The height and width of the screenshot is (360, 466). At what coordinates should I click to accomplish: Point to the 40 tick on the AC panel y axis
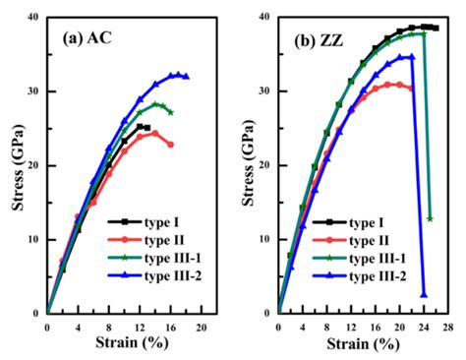click(x=36, y=18)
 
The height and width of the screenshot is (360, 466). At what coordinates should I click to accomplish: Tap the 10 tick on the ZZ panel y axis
click(x=268, y=239)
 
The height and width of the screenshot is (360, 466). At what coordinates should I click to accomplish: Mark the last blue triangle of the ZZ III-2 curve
click(x=424, y=294)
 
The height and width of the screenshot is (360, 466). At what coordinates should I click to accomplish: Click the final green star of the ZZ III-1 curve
click(x=430, y=218)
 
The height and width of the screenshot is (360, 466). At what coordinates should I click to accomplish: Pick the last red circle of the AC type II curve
click(x=170, y=145)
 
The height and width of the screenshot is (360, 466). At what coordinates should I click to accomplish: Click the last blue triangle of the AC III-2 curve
click(x=186, y=77)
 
